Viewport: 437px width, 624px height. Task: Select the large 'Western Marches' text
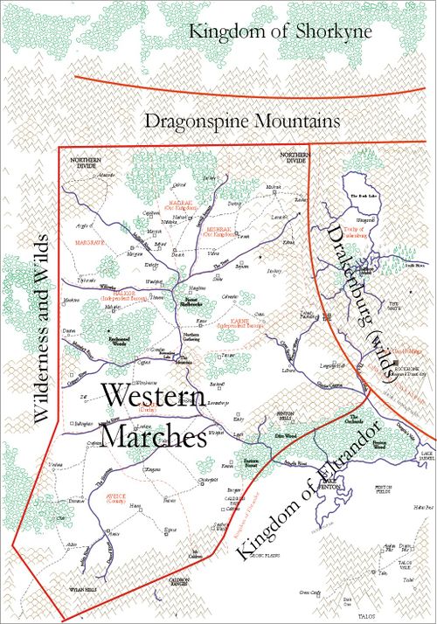pyautogui.click(x=154, y=417)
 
